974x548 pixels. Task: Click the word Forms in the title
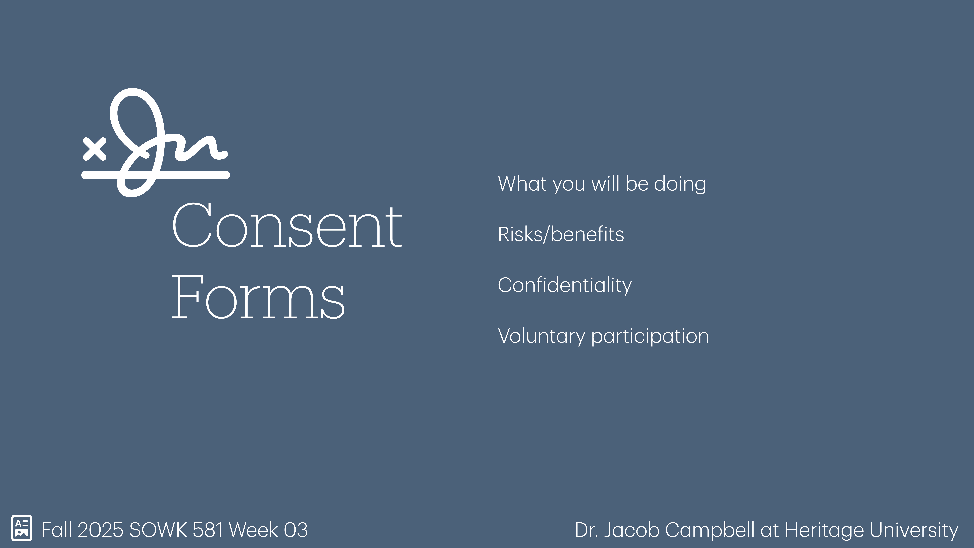(258, 297)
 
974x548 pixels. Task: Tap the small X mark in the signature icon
(94, 149)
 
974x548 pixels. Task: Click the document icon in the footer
(22, 528)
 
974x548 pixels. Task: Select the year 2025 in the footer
(100, 530)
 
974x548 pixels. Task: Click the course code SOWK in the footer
(158, 530)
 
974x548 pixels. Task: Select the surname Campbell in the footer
(710, 530)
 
